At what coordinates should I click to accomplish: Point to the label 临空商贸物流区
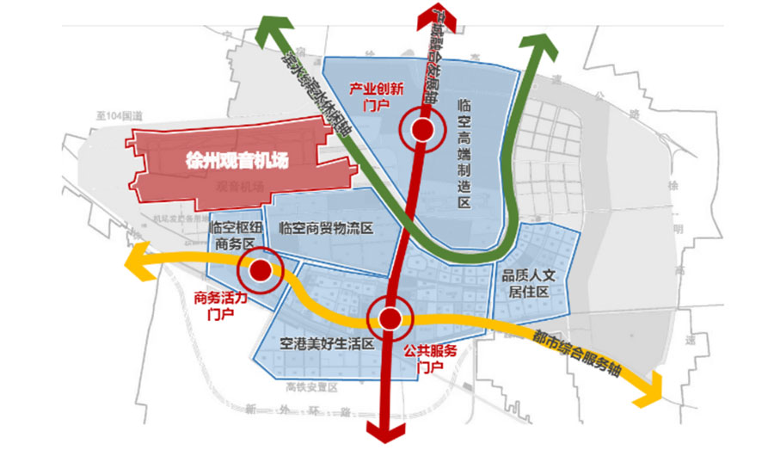(x=326, y=229)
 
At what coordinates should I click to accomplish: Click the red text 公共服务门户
(x=430, y=358)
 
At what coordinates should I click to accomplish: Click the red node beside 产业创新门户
(x=422, y=130)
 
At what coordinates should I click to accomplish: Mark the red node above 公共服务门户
(x=390, y=318)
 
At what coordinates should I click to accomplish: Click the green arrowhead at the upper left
(x=269, y=34)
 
